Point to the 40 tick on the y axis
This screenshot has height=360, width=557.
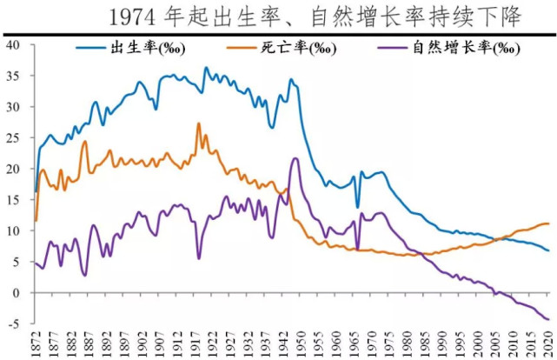(x=13, y=45)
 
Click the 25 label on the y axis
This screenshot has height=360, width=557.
(x=13, y=138)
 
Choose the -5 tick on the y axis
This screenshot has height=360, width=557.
(x=13, y=323)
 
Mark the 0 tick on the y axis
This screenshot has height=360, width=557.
(x=17, y=293)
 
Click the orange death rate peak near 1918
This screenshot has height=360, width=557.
(x=198, y=123)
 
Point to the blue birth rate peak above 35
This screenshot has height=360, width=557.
(x=206, y=68)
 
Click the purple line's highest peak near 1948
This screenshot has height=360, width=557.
(x=295, y=158)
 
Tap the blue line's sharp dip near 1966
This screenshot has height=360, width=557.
(x=356, y=208)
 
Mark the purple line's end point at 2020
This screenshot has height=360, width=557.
(x=548, y=319)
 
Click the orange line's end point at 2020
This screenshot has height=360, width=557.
(x=548, y=223)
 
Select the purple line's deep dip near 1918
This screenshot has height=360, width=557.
(x=198, y=258)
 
